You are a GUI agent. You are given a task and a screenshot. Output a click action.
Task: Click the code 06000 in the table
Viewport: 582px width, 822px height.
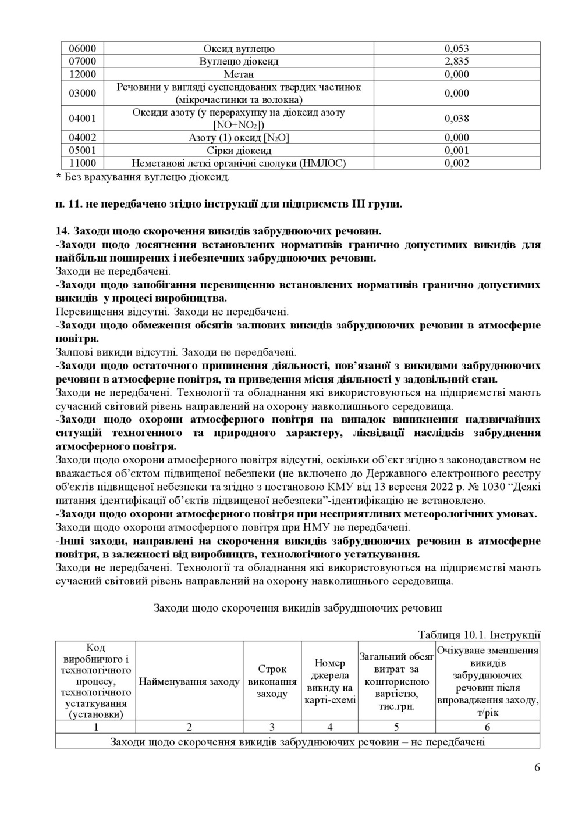pyautogui.click(x=82, y=49)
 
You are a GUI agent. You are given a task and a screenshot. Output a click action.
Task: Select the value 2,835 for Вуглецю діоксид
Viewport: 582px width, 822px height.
pyautogui.click(x=456, y=62)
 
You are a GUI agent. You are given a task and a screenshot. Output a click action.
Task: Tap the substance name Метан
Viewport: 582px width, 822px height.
pyautogui.click(x=239, y=74)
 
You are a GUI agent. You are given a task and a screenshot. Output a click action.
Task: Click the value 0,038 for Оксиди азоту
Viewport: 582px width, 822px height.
pyautogui.click(x=456, y=119)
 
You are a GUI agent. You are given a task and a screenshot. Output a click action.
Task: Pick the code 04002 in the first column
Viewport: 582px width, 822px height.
pyautogui.click(x=82, y=138)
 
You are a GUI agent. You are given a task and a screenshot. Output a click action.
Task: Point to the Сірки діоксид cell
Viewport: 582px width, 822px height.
pyautogui.click(x=239, y=151)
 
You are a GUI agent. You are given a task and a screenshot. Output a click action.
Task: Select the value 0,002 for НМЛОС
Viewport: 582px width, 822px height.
pyautogui.click(x=456, y=163)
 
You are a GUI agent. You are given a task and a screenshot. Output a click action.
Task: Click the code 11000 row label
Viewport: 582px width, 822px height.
pyautogui.click(x=82, y=163)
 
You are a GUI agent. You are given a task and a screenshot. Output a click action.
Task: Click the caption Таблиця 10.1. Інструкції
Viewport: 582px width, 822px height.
pyautogui.click(x=479, y=635)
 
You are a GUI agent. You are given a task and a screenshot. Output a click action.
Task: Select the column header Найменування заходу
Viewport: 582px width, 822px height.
pyautogui.click(x=189, y=681)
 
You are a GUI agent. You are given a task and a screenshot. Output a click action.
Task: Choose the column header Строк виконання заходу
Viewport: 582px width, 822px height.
pyautogui.click(x=272, y=681)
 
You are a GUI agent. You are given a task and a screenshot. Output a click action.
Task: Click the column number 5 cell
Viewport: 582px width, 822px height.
pyautogui.click(x=396, y=727)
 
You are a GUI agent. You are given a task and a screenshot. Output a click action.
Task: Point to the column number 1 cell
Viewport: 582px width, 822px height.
pyautogui.click(x=95, y=727)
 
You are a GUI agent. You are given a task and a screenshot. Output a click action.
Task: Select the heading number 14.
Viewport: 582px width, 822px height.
pyautogui.click(x=62, y=231)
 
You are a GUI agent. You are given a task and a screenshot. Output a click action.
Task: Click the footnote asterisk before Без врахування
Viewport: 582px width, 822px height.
pyautogui.click(x=58, y=177)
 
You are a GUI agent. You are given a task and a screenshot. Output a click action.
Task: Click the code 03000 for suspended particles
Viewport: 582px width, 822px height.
pyautogui.click(x=82, y=94)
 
